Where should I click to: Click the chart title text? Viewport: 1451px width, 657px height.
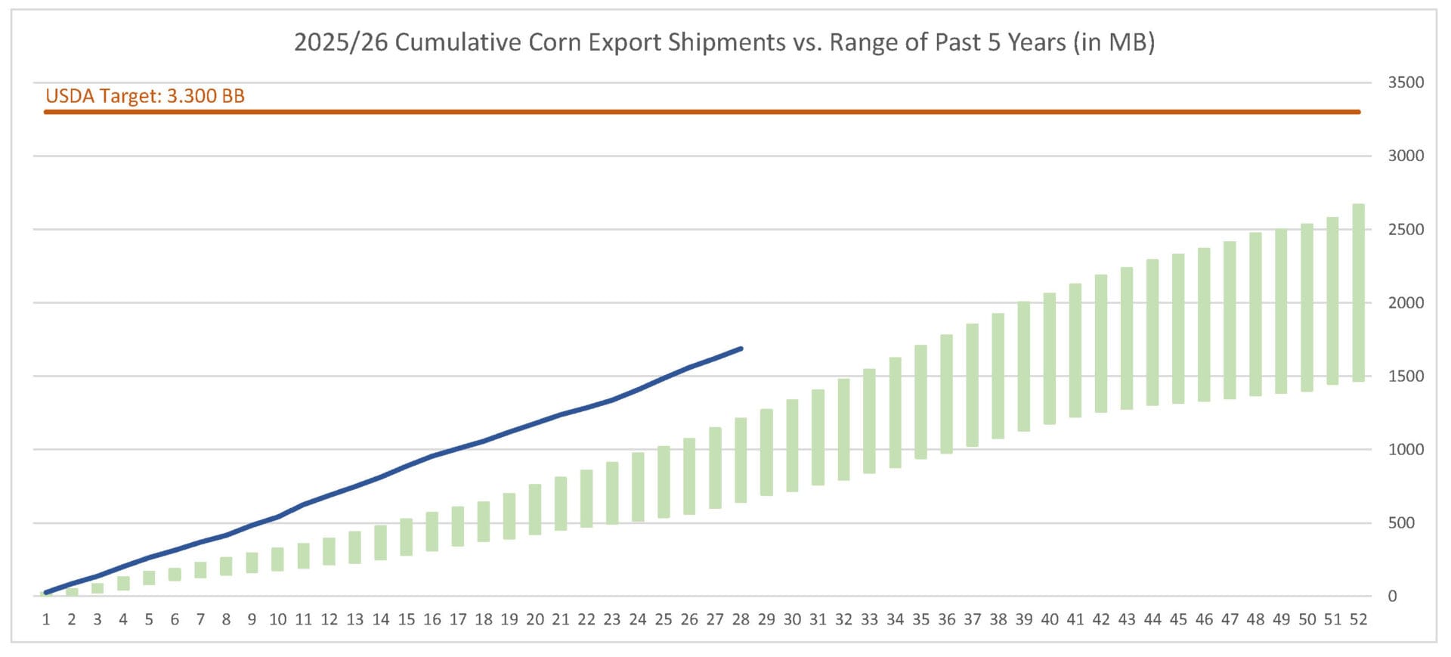(x=724, y=42)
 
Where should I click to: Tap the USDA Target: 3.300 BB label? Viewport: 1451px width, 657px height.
(x=145, y=96)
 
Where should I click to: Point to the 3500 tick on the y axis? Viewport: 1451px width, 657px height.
(x=1405, y=82)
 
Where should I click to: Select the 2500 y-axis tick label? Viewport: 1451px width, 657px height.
(x=1405, y=229)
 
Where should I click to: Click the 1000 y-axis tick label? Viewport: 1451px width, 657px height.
(x=1405, y=449)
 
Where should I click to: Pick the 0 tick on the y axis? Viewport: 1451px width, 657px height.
(x=1392, y=596)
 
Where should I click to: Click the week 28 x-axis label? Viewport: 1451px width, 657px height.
(x=741, y=620)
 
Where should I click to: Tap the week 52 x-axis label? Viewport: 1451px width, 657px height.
(x=1358, y=620)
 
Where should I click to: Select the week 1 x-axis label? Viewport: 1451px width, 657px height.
(x=46, y=620)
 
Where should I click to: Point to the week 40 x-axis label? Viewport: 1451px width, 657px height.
(x=1050, y=620)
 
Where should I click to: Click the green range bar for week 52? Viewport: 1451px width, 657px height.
(x=1358, y=293)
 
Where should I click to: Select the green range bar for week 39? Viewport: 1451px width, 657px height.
(x=1024, y=367)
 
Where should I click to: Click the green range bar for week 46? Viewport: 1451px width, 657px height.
(x=1204, y=324)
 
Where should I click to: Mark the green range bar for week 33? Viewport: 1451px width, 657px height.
(x=869, y=421)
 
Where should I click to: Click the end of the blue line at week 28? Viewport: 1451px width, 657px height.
(x=741, y=349)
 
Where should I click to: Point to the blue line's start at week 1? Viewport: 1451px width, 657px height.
(x=47, y=592)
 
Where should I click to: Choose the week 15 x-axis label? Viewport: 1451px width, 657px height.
(x=407, y=620)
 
